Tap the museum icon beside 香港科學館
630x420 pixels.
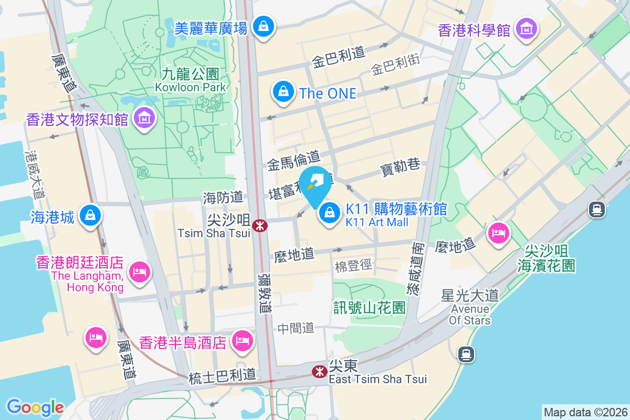pyautogui.click(x=526, y=28)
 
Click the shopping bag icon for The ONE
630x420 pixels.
pyautogui.click(x=283, y=92)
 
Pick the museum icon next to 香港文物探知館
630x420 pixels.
pyautogui.click(x=144, y=119)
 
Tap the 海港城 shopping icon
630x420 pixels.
pyautogui.click(x=91, y=215)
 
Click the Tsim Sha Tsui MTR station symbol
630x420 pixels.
pyautogui.click(x=259, y=226)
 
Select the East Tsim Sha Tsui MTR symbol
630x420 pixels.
pyautogui.click(x=319, y=372)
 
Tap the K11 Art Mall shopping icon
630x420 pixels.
pyautogui.click(x=330, y=213)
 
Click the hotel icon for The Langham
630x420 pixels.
pyautogui.click(x=140, y=272)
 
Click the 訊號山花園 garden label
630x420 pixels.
pyautogui.click(x=370, y=307)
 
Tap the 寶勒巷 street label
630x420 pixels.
pyautogui.click(x=400, y=167)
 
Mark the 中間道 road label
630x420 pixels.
pyautogui.click(x=296, y=328)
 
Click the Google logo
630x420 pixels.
pyautogui.click(x=35, y=407)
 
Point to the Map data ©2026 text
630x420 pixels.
pyautogui.click(x=585, y=412)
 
